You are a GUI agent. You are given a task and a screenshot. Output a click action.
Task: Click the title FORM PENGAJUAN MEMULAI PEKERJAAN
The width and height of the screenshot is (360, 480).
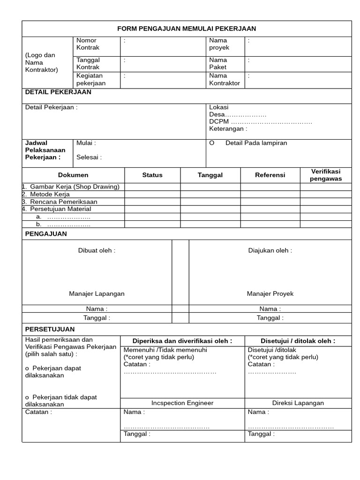tap(187, 29)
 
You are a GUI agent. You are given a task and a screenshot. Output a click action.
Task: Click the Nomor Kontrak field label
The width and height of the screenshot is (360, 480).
tap(88, 44)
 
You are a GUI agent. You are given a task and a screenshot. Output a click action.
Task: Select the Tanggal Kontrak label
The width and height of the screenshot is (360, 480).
tap(88, 63)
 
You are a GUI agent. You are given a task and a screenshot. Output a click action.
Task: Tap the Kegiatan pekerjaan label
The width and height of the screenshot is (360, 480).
tap(90, 79)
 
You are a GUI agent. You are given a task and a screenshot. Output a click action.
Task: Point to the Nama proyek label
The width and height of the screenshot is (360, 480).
tap(219, 44)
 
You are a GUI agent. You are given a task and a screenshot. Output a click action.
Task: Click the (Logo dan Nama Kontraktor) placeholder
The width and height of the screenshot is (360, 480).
tap(41, 62)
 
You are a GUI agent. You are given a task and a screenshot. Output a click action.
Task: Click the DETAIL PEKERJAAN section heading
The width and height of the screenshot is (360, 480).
tap(58, 92)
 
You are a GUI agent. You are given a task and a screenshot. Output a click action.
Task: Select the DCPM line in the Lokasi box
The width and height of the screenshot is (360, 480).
tap(260, 121)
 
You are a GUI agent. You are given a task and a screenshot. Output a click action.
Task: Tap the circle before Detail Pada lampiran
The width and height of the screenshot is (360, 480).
tap(212, 143)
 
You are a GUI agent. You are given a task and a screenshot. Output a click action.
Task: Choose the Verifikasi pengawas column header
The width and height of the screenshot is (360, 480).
tap(325, 175)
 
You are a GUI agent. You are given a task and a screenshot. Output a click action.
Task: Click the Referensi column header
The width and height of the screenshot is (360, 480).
tap(270, 175)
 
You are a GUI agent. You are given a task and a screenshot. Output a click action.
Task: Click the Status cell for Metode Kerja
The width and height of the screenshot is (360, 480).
tap(152, 194)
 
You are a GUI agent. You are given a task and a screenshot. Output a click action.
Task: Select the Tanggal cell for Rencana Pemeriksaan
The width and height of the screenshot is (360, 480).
tap(210, 202)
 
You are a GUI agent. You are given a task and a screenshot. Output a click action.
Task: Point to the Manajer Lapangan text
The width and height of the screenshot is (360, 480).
tap(97, 293)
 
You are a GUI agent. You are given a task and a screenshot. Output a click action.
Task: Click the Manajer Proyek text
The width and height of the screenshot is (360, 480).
tap(270, 293)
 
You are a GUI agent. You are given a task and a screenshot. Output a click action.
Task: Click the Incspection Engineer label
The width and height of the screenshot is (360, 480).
tap(182, 403)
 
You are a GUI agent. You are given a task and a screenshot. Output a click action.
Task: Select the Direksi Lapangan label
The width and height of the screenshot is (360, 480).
tap(298, 403)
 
